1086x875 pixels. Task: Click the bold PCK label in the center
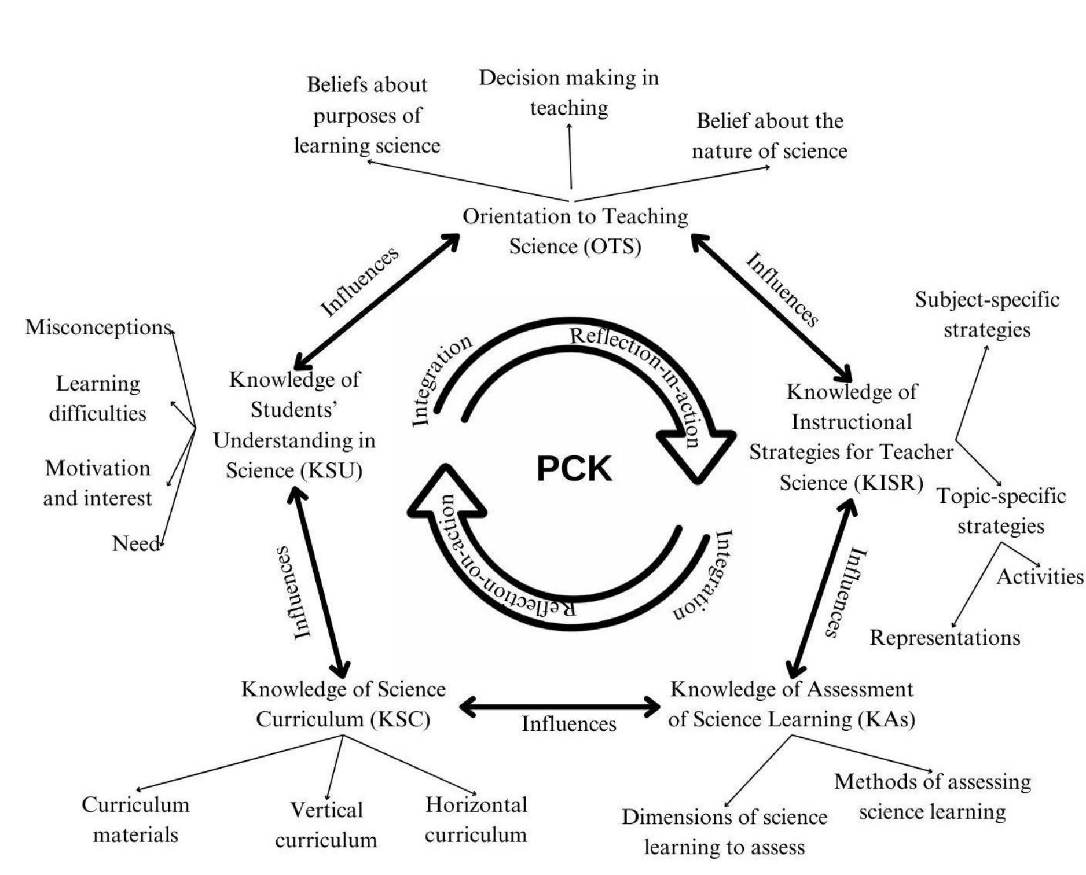574,469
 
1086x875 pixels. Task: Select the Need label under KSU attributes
135,543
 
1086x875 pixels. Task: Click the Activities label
1040,576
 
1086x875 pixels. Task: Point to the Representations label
945,638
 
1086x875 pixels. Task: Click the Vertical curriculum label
326,825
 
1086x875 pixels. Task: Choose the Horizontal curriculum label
476,819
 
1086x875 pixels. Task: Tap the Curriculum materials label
135,819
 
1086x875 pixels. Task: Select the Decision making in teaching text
569,93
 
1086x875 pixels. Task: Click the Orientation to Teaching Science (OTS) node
575,231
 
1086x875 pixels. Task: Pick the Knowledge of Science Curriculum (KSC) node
343,704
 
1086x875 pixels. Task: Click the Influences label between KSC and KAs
568,724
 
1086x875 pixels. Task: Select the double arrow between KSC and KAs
559,707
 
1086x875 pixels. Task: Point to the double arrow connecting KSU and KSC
320,582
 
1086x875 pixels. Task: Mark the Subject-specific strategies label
987,314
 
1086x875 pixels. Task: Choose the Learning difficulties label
98,398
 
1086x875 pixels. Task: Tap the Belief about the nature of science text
769,136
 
